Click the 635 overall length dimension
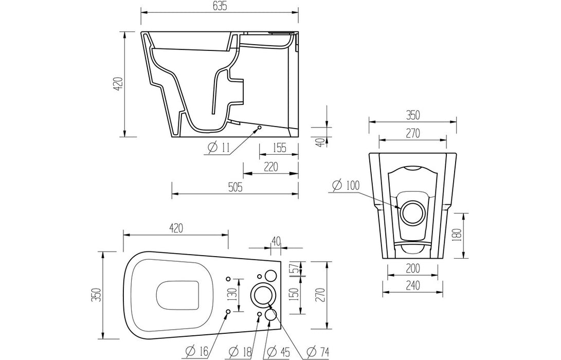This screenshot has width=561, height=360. (219, 6)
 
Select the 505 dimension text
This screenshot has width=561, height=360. (234, 188)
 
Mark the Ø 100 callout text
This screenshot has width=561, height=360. (346, 185)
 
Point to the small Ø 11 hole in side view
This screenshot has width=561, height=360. (260, 127)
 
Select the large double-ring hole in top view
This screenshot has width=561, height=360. (262, 295)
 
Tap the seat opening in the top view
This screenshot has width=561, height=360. (178, 295)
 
